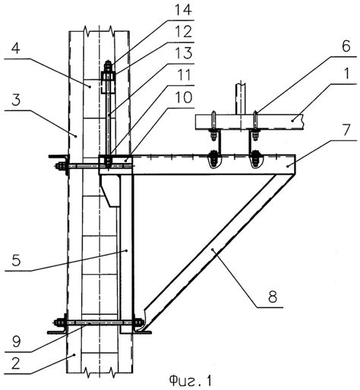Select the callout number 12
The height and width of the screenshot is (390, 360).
(x=183, y=32)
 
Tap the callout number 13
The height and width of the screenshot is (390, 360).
(x=183, y=53)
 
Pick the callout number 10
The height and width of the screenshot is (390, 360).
(x=183, y=97)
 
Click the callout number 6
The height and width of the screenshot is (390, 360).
(x=346, y=46)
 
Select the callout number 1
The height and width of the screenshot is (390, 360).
(x=346, y=74)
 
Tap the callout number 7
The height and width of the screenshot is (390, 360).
(x=346, y=130)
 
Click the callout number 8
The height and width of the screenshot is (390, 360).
(x=273, y=297)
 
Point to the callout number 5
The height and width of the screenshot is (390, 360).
(x=16, y=259)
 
